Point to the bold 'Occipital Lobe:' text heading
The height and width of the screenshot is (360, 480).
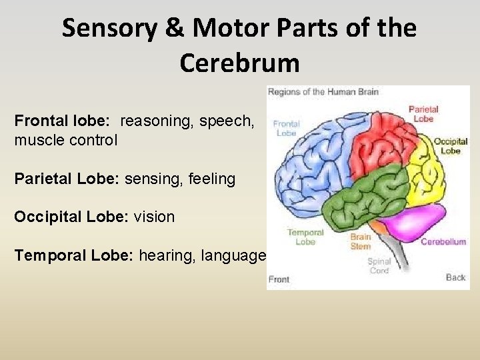71,217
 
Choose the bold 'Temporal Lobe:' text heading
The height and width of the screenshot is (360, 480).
74,255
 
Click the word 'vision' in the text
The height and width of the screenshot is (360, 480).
154,217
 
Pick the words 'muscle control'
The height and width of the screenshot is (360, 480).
65,140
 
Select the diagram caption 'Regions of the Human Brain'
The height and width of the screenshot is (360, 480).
323,92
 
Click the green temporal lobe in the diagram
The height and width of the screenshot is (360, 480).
370,197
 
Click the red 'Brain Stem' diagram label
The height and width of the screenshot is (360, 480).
361,241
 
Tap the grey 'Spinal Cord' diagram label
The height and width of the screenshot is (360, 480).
379,266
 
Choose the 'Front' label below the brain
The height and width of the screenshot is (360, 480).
279,279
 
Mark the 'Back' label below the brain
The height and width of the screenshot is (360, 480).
455,277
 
